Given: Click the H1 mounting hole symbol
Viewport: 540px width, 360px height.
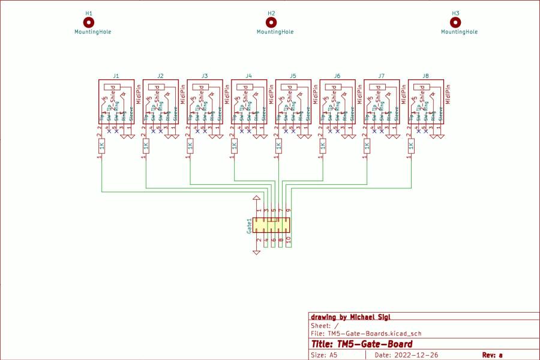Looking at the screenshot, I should point(89,22).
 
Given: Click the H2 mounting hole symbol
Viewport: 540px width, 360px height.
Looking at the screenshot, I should point(271,22).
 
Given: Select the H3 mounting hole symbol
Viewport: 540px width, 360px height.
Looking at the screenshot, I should point(455,22).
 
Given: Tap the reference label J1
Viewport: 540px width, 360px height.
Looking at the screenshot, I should point(116,76).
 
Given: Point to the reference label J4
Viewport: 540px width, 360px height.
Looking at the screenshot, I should point(249,76).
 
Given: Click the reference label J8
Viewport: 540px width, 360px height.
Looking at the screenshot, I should point(425,76).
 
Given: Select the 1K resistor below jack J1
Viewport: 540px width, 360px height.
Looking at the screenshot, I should point(101,146).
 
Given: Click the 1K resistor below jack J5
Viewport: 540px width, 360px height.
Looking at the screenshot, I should point(278,146).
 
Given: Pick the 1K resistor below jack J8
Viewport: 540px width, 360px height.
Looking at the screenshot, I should point(411,146).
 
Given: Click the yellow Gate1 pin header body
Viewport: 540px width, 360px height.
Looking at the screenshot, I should point(271,226).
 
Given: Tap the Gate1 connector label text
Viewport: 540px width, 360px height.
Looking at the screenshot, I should point(249,226).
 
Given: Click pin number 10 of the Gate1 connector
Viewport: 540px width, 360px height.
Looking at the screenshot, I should point(288,239).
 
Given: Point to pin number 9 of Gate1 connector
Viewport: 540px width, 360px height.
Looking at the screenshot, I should point(288,211).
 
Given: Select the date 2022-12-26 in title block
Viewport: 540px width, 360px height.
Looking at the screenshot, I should point(414,355).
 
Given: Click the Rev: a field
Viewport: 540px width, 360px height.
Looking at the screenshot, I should point(492,355).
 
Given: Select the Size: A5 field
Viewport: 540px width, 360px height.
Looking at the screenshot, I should point(323,355).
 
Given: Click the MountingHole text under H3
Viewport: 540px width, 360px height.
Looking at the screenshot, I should point(460,32).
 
